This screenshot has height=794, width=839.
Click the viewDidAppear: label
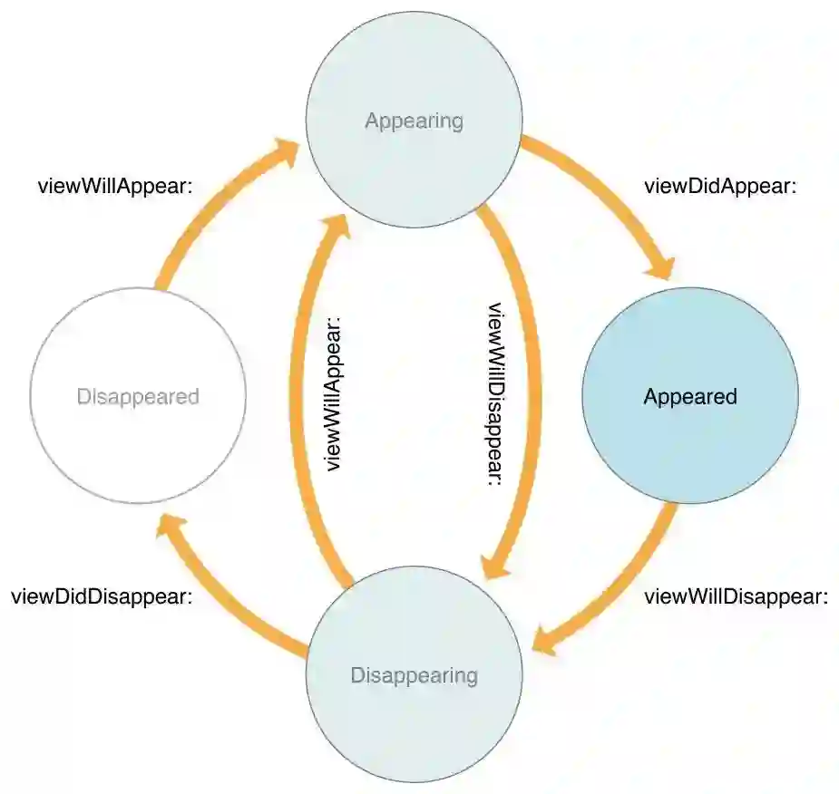click(719, 187)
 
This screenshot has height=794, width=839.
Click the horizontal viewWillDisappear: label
click(736, 597)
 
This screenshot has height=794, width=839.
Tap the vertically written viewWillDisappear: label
click(495, 393)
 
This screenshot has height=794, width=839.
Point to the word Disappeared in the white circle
click(138, 396)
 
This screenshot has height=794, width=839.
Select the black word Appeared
click(689, 396)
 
